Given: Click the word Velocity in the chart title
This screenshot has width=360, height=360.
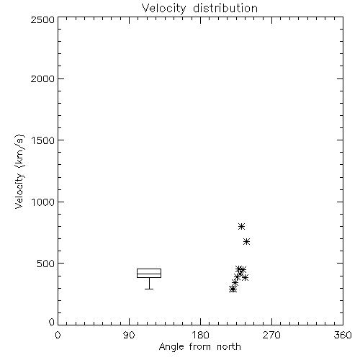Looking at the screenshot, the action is pyautogui.click(x=164, y=9).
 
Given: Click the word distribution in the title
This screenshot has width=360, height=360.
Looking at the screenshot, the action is pyautogui.click(x=225, y=8).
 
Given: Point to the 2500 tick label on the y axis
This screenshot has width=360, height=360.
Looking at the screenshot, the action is pyautogui.click(x=42, y=19).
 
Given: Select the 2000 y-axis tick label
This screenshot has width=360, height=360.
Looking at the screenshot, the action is pyautogui.click(x=42, y=78).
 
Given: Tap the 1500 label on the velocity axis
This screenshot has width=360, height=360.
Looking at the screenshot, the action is pyautogui.click(x=43, y=140).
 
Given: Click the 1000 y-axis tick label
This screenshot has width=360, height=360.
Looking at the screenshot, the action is pyautogui.click(x=43, y=202).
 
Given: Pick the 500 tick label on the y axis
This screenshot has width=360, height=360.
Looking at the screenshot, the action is pyautogui.click(x=45, y=264).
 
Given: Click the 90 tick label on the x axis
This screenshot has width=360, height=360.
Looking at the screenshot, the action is pyautogui.click(x=129, y=335).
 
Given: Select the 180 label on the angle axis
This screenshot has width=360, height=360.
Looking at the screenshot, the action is pyautogui.click(x=200, y=335).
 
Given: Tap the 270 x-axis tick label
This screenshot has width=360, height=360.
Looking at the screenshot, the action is pyautogui.click(x=271, y=335).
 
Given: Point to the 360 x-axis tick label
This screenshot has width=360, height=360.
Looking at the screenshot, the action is pyautogui.click(x=343, y=335).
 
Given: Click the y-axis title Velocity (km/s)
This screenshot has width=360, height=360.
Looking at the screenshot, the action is pyautogui.click(x=19, y=171).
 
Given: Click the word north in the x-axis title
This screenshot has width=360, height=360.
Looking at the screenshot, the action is pyautogui.click(x=229, y=347).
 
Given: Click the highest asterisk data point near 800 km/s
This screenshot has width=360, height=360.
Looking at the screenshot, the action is pyautogui.click(x=241, y=226).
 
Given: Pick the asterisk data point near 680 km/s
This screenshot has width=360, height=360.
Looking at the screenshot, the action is pyautogui.click(x=246, y=241).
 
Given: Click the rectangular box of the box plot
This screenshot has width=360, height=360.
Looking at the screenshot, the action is pyautogui.click(x=149, y=269).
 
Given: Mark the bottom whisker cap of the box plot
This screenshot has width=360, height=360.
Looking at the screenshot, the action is pyautogui.click(x=149, y=289).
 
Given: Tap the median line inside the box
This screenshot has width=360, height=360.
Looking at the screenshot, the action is pyautogui.click(x=149, y=274).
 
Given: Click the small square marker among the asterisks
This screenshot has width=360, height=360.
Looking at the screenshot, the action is pyautogui.click(x=238, y=275).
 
